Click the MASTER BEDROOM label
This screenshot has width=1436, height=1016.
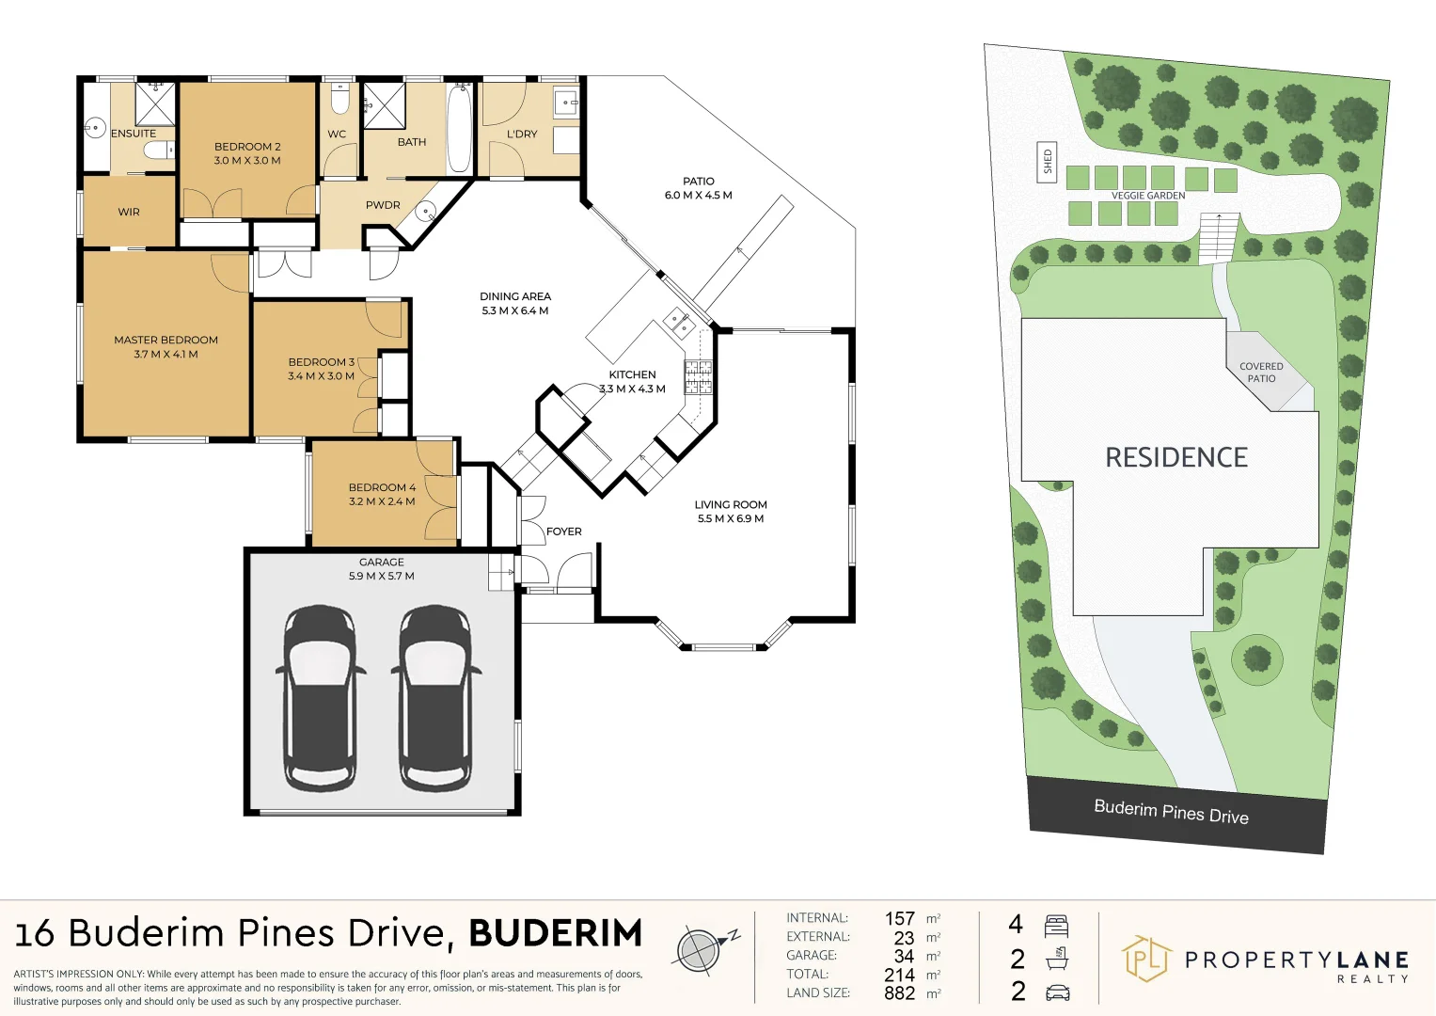[x=166, y=340]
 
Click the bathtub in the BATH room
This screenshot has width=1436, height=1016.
[x=459, y=128]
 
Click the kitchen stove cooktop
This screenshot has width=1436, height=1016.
[x=698, y=375]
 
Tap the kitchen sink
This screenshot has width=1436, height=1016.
[x=678, y=323]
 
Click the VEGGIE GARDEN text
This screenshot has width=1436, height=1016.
[x=1148, y=196]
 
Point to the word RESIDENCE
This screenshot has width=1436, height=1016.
[x=1176, y=458]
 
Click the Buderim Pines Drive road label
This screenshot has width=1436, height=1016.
[x=1171, y=812]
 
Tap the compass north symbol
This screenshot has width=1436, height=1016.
[x=702, y=948]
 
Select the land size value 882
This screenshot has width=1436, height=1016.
[x=899, y=992]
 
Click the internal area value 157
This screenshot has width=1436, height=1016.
[x=899, y=918]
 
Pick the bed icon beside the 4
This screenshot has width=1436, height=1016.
[x=1056, y=926]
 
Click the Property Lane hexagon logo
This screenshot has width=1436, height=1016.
[x=1144, y=959]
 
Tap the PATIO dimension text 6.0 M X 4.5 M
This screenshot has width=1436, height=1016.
[x=698, y=196]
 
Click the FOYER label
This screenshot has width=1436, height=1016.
[x=563, y=532]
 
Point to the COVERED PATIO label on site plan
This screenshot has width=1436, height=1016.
[x=1261, y=373]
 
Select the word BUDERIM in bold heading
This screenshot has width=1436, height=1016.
[x=555, y=933]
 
